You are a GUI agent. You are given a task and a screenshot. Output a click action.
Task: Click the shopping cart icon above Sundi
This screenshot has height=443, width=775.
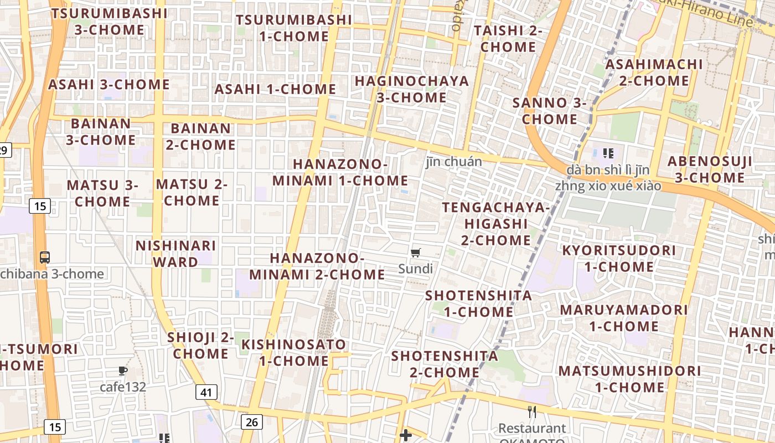pos(416,253)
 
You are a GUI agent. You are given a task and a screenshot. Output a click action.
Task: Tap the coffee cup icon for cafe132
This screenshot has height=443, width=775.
pos(123,371)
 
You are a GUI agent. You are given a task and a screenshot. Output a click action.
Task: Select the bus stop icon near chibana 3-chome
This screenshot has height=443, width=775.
pos(45,257)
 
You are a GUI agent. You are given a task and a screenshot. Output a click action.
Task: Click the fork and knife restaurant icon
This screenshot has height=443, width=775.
pos(532,411)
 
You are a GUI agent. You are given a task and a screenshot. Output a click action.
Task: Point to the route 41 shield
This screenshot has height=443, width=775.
pos(206,393)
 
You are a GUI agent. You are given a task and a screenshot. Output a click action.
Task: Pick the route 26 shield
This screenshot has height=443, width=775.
pos(251,422)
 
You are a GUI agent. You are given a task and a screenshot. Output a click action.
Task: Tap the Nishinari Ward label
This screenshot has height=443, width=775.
pos(176,254)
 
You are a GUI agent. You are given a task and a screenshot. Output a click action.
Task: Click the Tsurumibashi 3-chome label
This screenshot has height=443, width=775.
pos(109,21)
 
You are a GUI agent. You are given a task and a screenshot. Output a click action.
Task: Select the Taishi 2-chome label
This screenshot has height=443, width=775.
pos(508,39)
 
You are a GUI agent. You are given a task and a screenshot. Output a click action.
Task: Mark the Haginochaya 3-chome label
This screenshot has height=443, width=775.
pos(412,89)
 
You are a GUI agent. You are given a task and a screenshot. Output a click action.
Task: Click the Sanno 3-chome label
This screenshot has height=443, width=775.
pos(549,111)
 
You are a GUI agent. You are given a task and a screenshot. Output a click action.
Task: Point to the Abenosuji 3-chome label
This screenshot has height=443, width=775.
pos(710,169)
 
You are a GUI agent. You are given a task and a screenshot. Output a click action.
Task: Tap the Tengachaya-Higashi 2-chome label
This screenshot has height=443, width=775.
pos(496,224)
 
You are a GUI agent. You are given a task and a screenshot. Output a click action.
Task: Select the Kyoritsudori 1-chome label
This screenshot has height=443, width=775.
pos(619,259)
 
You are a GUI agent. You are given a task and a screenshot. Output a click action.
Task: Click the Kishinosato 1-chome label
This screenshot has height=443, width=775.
pos(294,353)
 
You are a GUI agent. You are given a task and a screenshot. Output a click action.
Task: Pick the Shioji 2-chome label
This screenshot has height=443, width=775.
pos(200,346)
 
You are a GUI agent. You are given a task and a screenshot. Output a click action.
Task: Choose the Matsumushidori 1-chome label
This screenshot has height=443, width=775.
pos(630,379)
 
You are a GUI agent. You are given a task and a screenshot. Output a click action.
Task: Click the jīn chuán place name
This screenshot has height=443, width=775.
pos(454,162)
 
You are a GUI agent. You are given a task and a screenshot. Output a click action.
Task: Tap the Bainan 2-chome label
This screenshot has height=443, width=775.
pos(200,136)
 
